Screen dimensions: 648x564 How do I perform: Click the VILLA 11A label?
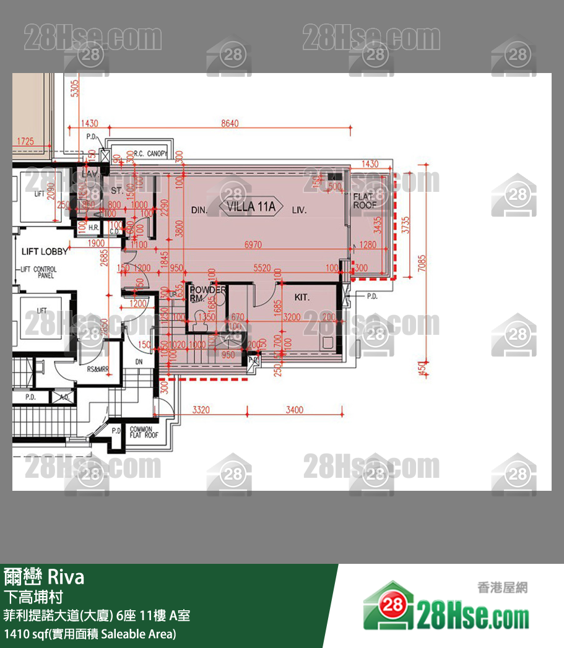tap(251, 206)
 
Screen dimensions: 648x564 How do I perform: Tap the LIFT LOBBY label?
tap(45, 251)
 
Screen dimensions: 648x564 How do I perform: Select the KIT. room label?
tap(302, 298)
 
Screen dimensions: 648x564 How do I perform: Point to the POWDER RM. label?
tap(207, 293)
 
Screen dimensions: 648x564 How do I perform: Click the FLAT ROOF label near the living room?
tap(365, 200)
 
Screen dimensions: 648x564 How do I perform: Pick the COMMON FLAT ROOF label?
tap(144, 432)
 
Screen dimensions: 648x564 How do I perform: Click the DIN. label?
tap(199, 210)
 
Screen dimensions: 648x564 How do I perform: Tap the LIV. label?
tap(300, 210)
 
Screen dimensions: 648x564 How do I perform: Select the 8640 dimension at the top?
tap(230, 124)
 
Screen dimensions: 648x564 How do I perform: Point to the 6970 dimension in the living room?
tap(253, 245)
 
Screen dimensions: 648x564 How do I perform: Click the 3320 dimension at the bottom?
tap(202, 410)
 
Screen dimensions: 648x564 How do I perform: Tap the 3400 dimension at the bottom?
tap(295, 410)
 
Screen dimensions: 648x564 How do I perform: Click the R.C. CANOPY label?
tap(150, 153)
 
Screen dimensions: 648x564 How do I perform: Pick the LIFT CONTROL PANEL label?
tap(38, 272)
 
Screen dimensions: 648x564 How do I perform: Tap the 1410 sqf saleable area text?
tap(90, 634)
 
